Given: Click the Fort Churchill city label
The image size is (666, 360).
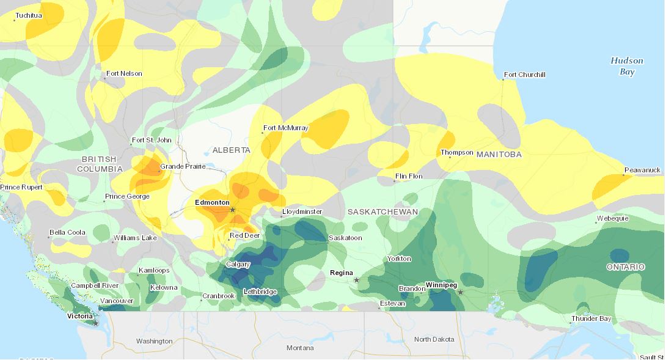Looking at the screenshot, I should pyautogui.click(x=524, y=75).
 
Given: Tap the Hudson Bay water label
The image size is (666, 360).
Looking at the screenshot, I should pyautogui.click(x=627, y=66).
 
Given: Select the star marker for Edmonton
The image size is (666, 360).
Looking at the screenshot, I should pyautogui.click(x=232, y=210).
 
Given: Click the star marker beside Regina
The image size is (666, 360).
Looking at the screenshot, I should pyautogui.click(x=356, y=280).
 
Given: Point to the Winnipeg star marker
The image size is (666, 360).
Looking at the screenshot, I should pyautogui.click(x=460, y=292).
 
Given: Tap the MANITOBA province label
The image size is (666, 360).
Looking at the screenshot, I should pyautogui.click(x=499, y=155).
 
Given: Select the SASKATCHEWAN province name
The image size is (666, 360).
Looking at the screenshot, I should pyautogui.click(x=382, y=212).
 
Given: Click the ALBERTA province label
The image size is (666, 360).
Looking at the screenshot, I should pyautogui.click(x=231, y=150).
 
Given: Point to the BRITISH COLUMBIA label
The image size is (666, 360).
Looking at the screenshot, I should pyautogui.click(x=100, y=164).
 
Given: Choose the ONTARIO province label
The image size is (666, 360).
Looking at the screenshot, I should pyautogui.click(x=626, y=267).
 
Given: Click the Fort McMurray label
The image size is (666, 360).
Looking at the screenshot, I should pyautogui.click(x=285, y=128).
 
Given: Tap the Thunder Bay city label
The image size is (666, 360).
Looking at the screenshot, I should pyautogui.click(x=591, y=319).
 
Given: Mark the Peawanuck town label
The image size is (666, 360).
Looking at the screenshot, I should pyautogui.click(x=643, y=170).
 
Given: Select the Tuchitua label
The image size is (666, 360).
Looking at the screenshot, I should pyautogui.click(x=29, y=15).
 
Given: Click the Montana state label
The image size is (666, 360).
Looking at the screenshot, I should pyautogui.click(x=300, y=348).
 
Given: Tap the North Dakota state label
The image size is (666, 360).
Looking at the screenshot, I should pyautogui.click(x=434, y=339).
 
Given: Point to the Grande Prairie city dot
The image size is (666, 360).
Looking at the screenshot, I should pyautogui.click(x=159, y=172).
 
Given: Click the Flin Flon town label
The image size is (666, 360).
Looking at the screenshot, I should pyautogui.click(x=409, y=177).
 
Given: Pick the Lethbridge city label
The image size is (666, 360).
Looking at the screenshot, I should pyautogui.click(x=260, y=292).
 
